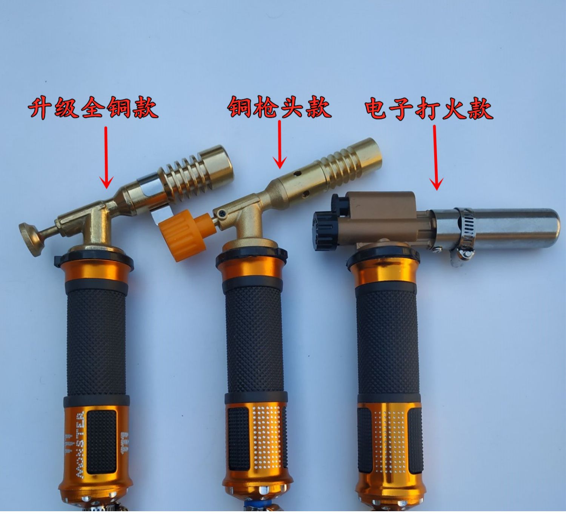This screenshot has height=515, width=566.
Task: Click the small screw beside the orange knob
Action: tap(222, 214)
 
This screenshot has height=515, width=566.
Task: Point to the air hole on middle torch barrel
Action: tap(297, 174)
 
